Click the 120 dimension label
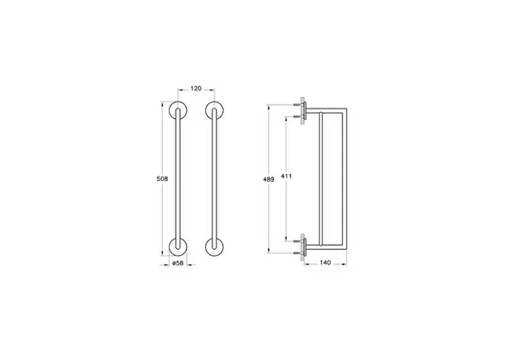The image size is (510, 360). click(195, 89)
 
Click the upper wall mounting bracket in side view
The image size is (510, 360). click(304, 109)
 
